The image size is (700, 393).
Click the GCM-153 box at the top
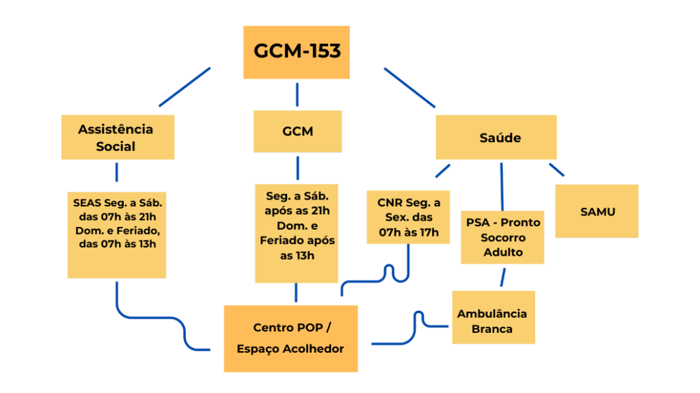coord(296,52)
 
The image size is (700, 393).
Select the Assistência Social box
coord(118,137)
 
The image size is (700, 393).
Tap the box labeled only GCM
coord(297,131)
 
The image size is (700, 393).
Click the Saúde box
coord(496,137)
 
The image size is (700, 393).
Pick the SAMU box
coord(597,211)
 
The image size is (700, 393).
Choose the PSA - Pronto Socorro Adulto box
coord(502,237)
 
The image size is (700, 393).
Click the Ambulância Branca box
coord(493,317)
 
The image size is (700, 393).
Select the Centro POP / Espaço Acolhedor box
coord(291,338)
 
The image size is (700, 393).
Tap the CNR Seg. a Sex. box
coord(408,217)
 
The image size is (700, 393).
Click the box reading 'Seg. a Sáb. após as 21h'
coord(297,233)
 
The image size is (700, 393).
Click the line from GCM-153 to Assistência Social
coord(185,87)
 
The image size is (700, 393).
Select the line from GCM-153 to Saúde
coord(409,87)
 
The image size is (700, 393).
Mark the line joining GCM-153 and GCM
coord(297,95)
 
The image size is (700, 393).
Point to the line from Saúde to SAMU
coord(556,170)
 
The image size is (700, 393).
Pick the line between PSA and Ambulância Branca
coord(503,277)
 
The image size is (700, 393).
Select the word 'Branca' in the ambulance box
coord(492,329)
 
